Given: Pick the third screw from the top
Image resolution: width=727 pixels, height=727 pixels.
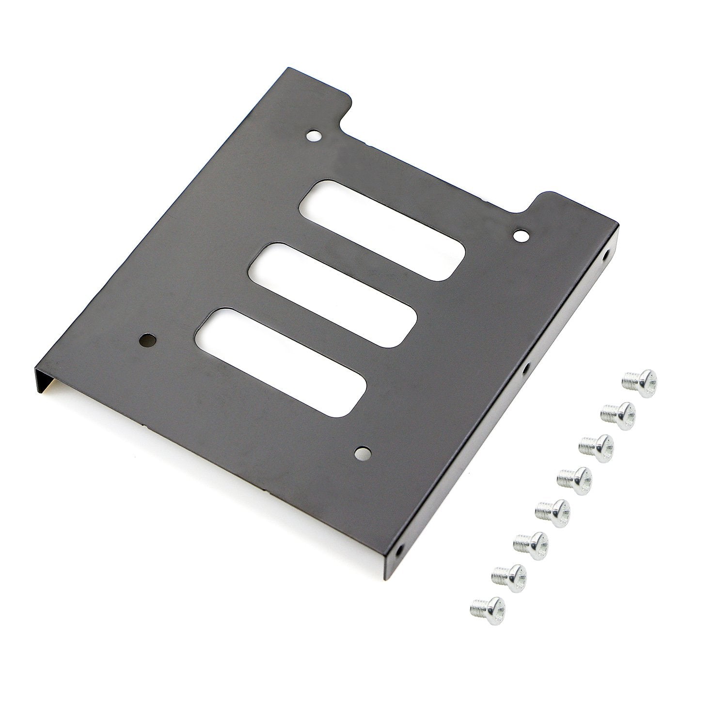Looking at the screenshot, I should pyautogui.click(x=596, y=445).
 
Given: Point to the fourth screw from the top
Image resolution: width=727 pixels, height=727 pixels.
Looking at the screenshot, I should pyautogui.click(x=574, y=478).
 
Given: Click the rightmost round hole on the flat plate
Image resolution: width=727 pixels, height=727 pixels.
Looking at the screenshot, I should pyautogui.click(x=521, y=236).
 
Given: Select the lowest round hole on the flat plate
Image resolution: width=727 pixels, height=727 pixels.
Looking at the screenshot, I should pyautogui.click(x=361, y=453).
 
